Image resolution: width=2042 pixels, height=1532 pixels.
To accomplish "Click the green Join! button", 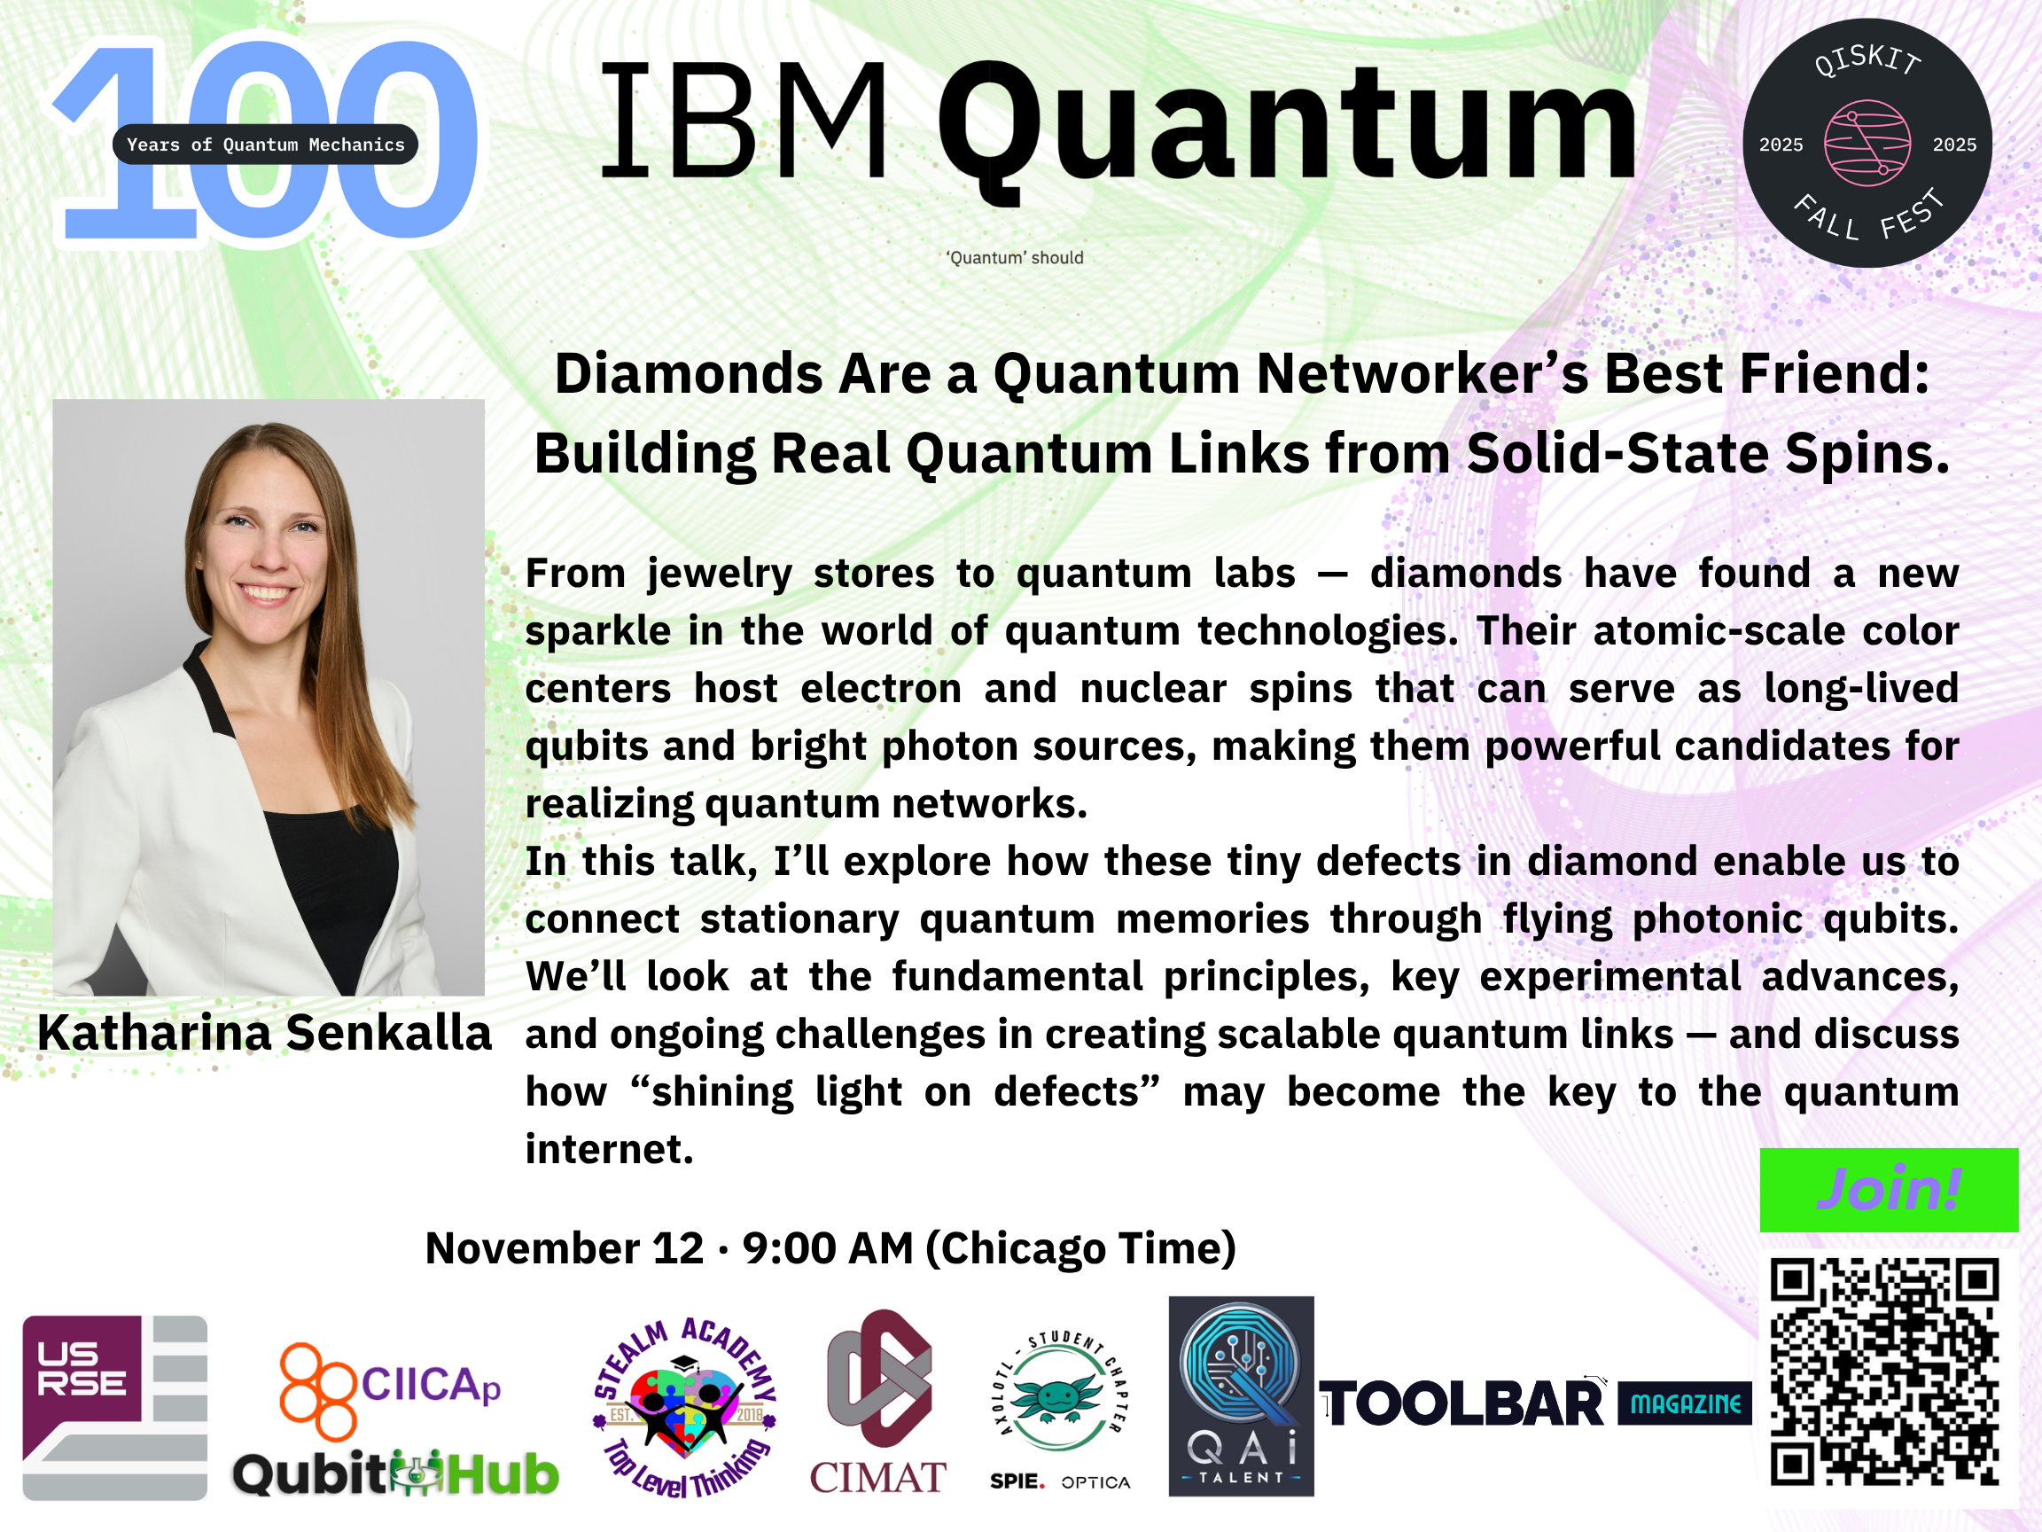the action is click(1889, 1190).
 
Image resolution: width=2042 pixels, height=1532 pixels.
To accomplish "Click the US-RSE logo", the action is click(114, 1407).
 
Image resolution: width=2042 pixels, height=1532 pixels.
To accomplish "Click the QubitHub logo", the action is click(396, 1473).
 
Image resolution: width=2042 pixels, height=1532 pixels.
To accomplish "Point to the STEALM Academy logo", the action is click(684, 1407).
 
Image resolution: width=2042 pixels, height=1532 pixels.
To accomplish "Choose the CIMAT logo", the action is click(878, 1402).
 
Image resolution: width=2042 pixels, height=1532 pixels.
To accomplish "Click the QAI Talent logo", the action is click(1241, 1395).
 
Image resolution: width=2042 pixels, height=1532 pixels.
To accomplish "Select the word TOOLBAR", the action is click(1462, 1404).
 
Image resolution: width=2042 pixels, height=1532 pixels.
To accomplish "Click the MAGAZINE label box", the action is click(1685, 1403).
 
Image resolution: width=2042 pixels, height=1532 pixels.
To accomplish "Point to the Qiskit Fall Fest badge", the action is click(1867, 143).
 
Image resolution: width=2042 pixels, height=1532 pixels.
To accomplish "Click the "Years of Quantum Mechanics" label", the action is click(265, 144).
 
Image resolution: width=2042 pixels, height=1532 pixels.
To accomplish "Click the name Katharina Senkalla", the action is click(264, 1032).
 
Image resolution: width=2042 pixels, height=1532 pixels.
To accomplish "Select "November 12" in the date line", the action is click(564, 1247).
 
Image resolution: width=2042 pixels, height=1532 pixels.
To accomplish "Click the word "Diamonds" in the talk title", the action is click(688, 374).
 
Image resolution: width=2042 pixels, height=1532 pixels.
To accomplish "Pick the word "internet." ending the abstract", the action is click(609, 1149).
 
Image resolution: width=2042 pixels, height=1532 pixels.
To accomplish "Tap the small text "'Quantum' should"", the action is click(1015, 258).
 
